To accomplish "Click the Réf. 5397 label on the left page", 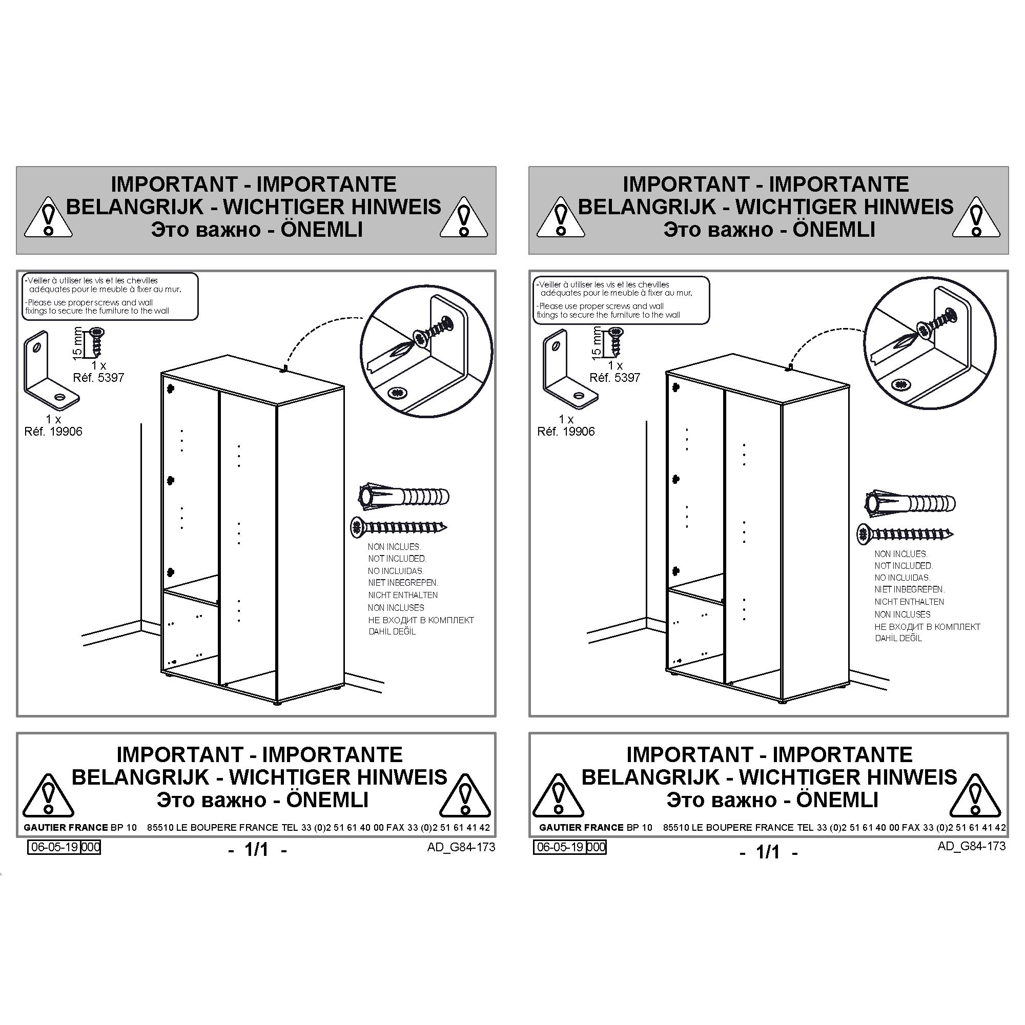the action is point(98,378).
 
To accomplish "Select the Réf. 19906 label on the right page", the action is point(566,432).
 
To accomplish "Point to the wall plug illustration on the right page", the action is point(910,503).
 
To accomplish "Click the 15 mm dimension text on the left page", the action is point(77,343).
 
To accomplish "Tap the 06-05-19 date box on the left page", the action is point(55,847).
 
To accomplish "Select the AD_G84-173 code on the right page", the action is point(971,846).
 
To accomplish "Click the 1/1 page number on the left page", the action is point(257,849).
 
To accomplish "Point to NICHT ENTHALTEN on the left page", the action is point(403,595).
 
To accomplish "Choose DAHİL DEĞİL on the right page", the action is point(898,638).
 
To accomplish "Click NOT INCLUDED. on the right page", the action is point(904,566).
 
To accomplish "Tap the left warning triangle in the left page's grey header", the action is point(48,217).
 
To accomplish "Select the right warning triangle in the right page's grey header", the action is point(976,217).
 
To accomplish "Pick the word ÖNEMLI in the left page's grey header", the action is point(321,230).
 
